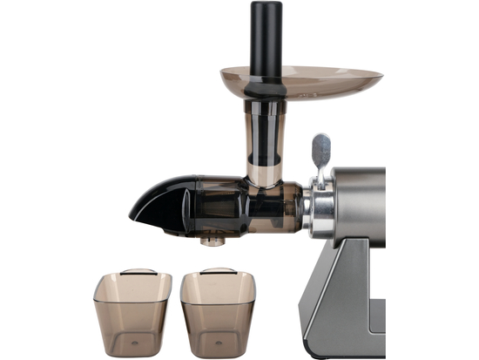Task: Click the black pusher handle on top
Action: pyautogui.click(x=266, y=39)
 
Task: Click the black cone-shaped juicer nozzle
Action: pyautogui.click(x=165, y=202)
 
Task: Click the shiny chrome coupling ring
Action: pyautogui.click(x=318, y=209)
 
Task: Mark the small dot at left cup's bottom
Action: pyautogui.click(x=132, y=342)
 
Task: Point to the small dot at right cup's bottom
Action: pyautogui.click(x=218, y=342)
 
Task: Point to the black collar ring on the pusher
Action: pyautogui.click(x=265, y=88)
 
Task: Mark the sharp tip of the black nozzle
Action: pyautogui.click(x=132, y=212)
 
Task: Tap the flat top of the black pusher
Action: pyautogui.click(x=266, y=4)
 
